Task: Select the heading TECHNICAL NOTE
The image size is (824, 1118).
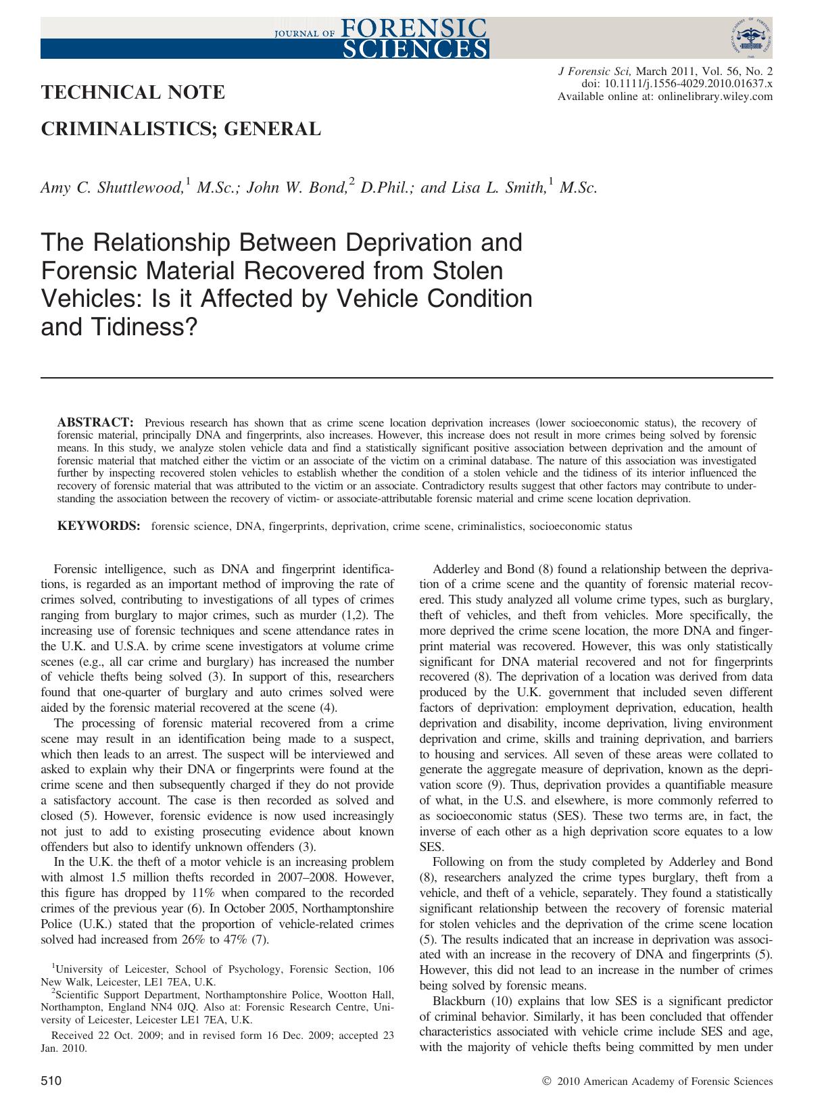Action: [x=133, y=92]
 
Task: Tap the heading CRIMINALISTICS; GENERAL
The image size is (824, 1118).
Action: [x=181, y=128]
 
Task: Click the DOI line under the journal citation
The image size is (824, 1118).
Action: [x=677, y=84]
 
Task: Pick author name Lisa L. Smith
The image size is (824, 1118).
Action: [x=492, y=188]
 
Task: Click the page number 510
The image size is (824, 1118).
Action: [x=52, y=1081]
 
